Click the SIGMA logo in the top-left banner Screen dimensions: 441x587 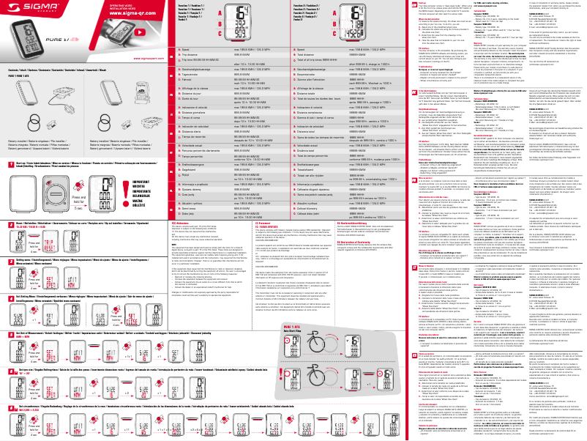[x=23, y=9]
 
